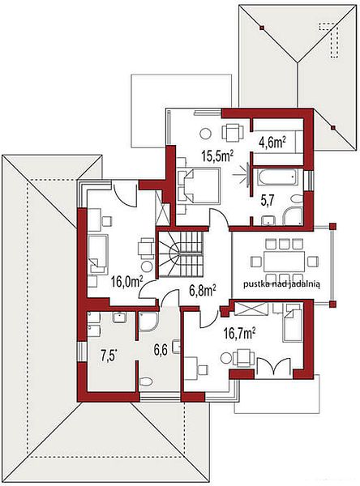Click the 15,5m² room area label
point(217,156)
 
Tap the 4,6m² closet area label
point(272,143)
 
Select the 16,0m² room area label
point(127,283)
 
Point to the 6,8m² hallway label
point(203,291)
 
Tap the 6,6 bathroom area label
point(161,350)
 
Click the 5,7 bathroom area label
point(268,201)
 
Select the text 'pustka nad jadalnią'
point(282,284)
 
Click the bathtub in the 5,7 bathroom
point(276,177)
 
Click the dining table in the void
point(284,262)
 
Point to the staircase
point(181,254)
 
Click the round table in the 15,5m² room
point(205,134)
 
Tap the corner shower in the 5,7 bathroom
point(293,216)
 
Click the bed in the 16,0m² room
point(98,255)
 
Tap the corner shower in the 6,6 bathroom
point(148,322)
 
